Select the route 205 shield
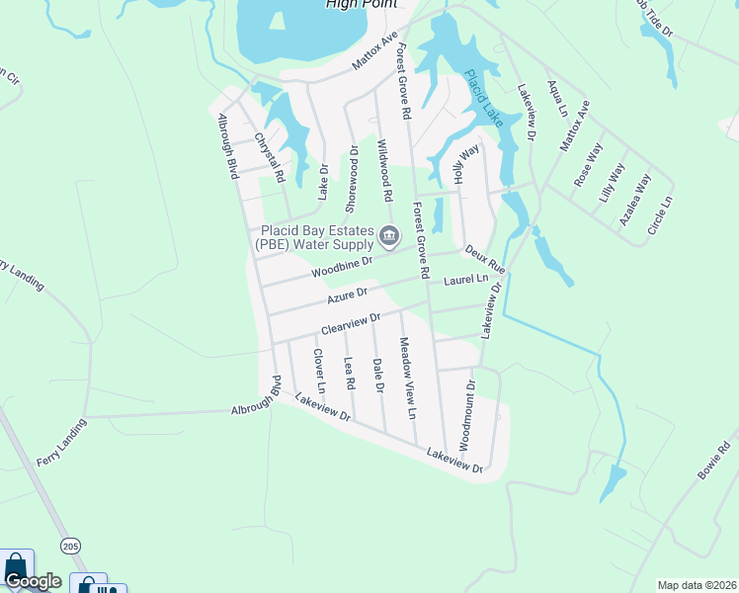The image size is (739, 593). (x=68, y=545)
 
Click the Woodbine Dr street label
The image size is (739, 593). (x=341, y=267)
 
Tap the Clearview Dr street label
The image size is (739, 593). (x=351, y=323)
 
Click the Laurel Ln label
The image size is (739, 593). (x=466, y=282)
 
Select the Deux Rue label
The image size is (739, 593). (x=485, y=260)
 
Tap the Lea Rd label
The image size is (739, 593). (x=349, y=372)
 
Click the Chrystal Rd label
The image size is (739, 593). (x=270, y=158)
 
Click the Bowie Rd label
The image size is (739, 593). (x=712, y=461)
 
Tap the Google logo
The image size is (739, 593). (x=33, y=581)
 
